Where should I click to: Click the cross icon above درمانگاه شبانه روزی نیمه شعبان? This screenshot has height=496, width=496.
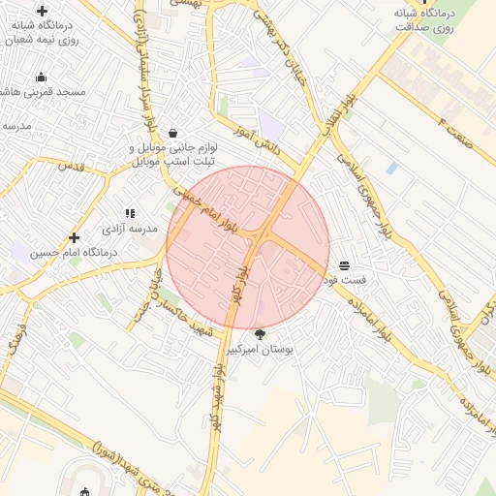(x=42, y=11)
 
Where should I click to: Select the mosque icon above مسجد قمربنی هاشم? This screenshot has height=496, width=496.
(x=41, y=77)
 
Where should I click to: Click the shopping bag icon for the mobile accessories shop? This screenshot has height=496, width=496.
(x=172, y=133)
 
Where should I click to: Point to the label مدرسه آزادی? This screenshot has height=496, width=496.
(x=130, y=229)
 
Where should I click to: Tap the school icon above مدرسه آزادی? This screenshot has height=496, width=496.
(x=130, y=213)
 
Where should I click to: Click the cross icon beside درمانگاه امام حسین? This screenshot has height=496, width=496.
(x=75, y=237)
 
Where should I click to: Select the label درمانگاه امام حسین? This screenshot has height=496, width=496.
(x=74, y=253)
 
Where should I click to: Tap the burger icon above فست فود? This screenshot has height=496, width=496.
(x=345, y=265)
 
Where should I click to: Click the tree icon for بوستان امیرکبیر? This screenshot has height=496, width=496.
(x=259, y=333)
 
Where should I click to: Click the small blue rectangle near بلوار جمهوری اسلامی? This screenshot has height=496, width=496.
(x=391, y=168)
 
